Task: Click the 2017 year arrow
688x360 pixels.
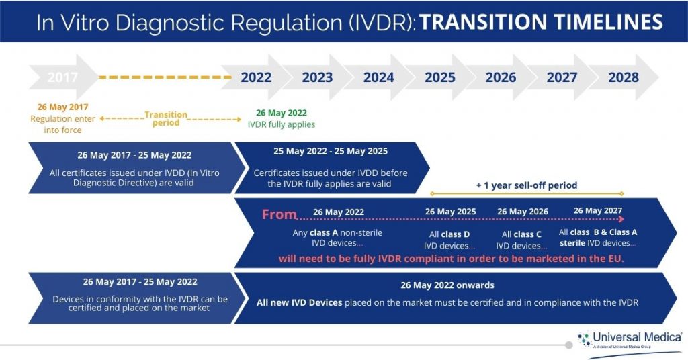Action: click(62, 77)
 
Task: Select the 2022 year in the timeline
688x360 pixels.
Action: click(255, 77)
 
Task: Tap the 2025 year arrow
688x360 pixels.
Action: click(439, 77)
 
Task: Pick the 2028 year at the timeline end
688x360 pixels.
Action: click(623, 77)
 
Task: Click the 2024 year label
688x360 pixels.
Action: click(378, 77)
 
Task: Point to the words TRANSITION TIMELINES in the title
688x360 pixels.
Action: click(541, 22)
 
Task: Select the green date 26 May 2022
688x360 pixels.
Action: click(282, 113)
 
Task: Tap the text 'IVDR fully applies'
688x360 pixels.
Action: click(282, 124)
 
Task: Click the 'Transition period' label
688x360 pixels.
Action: click(166, 119)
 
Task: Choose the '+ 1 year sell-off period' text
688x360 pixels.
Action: click(527, 185)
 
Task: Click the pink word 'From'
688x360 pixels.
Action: click(279, 214)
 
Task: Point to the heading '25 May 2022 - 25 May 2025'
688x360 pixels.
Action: click(331, 151)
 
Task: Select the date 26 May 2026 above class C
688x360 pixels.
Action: click(523, 212)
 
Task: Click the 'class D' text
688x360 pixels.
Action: click(456, 234)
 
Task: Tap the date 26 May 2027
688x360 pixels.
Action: click(598, 210)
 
